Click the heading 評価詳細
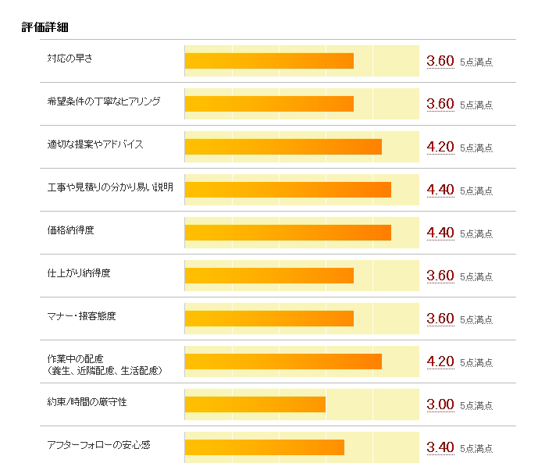[45, 27]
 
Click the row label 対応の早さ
[70, 59]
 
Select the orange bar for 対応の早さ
[269, 61]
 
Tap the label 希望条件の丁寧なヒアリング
[104, 102]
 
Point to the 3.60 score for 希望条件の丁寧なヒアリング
[440, 104]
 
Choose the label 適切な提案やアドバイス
[95, 144]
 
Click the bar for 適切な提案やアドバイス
[283, 147]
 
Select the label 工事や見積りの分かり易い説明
[110, 187]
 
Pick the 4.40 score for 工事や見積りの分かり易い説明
[440, 190]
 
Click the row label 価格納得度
[70, 230]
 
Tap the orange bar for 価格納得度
[287, 233]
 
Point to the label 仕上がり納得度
[79, 273]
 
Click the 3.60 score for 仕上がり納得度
[440, 276]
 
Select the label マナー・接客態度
[82, 316]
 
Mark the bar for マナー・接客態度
[269, 319]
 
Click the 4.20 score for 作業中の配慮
[440, 361]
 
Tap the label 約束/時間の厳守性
[87, 402]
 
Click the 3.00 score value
[440, 404]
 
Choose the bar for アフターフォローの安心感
[264, 447]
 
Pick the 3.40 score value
[440, 447]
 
